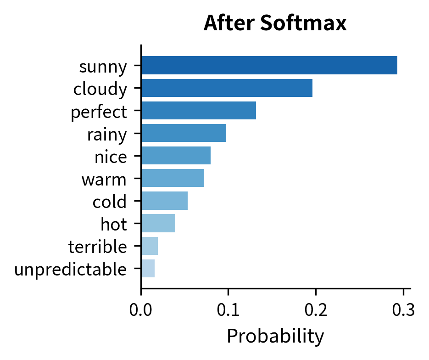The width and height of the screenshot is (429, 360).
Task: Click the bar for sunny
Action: pos(269,65)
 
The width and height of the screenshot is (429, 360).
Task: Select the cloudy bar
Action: pos(227,88)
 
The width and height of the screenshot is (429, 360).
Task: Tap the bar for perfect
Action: pos(198,110)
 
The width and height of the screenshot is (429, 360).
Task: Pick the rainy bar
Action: pos(184,133)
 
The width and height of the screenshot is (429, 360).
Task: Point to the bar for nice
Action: pos(176,155)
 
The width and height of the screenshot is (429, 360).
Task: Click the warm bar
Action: pos(172,178)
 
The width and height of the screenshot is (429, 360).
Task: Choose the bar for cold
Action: pos(164,200)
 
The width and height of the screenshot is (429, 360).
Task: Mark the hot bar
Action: pos(158,223)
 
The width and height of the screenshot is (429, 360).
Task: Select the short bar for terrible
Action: pos(150,246)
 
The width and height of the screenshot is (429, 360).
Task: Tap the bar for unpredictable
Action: pos(148,268)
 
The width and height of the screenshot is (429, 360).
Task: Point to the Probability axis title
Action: pos(275,336)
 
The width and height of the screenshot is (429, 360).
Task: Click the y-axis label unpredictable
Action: pos(70,270)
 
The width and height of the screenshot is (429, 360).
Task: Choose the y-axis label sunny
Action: pos(103,67)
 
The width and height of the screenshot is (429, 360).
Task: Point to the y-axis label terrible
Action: pos(97,247)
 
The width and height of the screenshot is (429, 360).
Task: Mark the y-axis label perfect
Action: pos(99,112)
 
